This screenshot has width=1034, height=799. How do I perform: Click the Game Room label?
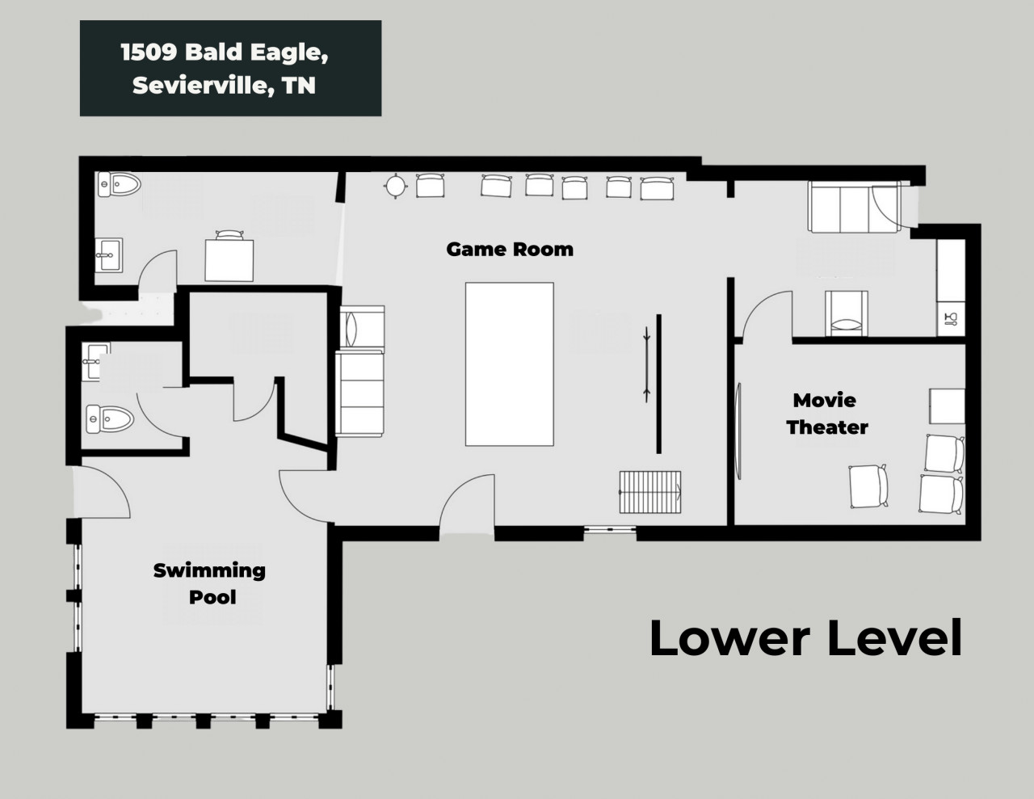tap(510, 250)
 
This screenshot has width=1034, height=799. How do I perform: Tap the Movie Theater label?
tap(826, 414)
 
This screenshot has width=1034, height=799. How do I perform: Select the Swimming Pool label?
tap(209, 584)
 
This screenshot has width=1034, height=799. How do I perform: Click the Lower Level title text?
tap(805, 638)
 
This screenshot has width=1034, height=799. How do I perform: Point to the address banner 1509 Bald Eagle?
tap(231, 68)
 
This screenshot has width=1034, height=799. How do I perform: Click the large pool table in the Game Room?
tap(510, 364)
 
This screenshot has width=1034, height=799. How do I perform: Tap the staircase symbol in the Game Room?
tap(650, 492)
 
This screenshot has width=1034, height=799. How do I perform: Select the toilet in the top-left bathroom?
tap(119, 184)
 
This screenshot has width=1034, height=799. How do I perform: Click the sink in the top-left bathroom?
tap(109, 255)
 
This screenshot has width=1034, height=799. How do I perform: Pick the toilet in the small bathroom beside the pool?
tap(110, 418)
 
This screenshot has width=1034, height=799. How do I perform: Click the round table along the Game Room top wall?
tap(395, 186)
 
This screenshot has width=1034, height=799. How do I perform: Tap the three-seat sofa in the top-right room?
tap(855, 207)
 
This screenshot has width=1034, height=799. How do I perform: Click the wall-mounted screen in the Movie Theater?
tap(738, 431)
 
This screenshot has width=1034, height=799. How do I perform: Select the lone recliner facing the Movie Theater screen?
tap(868, 486)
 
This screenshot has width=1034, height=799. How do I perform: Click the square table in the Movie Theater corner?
tap(948, 406)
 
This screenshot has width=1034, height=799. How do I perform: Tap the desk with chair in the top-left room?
tap(229, 256)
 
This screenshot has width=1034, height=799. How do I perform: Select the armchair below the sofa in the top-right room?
tap(847, 313)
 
